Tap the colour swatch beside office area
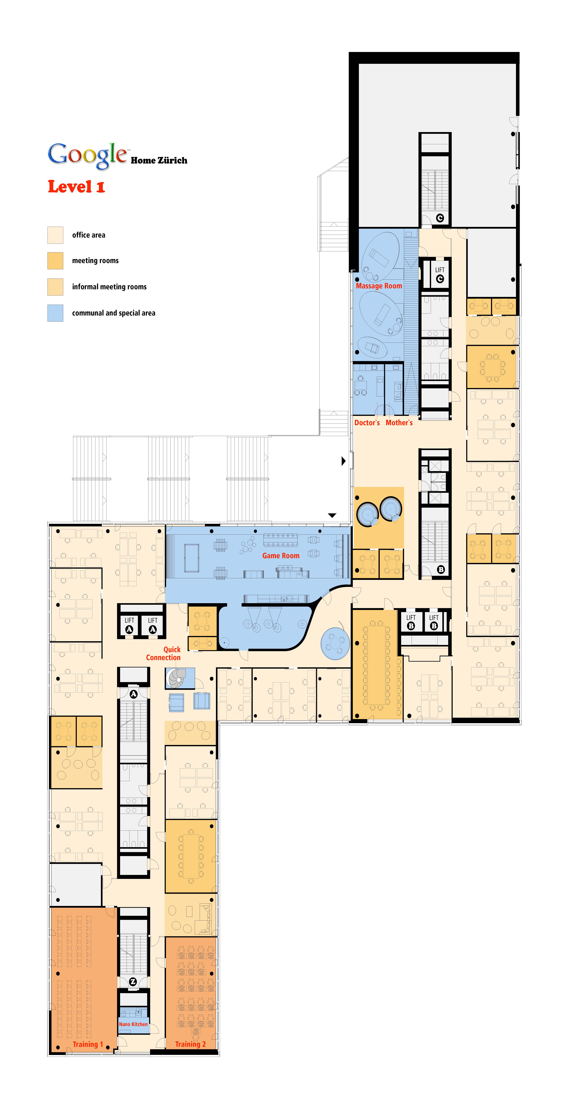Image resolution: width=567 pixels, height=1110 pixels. tap(55, 235)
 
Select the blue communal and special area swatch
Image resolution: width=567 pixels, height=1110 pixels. tap(55, 313)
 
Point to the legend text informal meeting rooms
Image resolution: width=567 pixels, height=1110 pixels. tap(109, 287)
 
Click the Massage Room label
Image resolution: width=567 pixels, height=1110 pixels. tap(379, 286)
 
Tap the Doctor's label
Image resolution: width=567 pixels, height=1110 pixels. tap(367, 423)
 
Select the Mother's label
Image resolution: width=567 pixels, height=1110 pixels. tap(399, 423)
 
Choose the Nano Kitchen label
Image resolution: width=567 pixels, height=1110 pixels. tap(133, 1024)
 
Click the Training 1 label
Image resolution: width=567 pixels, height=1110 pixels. tap(87, 1044)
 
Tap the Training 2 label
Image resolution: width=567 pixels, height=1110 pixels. tap(190, 1044)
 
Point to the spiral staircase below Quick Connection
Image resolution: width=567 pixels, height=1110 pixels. tap(177, 678)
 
